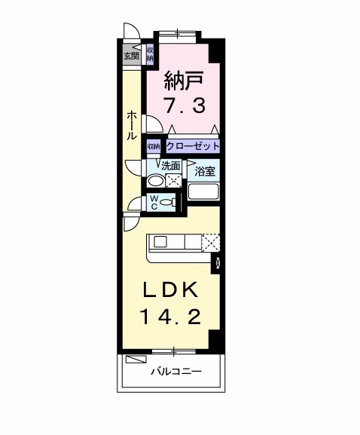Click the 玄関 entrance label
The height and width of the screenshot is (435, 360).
pos(131,57)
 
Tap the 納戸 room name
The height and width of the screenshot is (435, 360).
pos(184,81)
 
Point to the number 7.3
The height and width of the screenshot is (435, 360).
pos(185,106)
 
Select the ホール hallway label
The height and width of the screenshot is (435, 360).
pos(132,125)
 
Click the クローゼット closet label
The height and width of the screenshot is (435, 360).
pos(193,146)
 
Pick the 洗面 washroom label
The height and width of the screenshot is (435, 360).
pos(171,166)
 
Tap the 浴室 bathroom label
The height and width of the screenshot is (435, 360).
pos(205,171)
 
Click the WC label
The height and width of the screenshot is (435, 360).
pos(154,202)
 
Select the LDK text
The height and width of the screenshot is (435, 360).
pos(170,290)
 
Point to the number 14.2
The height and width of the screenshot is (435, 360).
pos(171,317)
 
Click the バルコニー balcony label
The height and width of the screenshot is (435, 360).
pos(176,371)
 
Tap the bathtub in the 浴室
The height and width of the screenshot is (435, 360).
pos(203,191)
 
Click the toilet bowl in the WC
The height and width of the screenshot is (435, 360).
pos(168,203)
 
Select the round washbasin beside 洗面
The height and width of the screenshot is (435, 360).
pos(154,181)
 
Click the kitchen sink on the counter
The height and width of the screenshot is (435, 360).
pos(160,241)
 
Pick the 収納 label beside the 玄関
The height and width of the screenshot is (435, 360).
pos(150,54)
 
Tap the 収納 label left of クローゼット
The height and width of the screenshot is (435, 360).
pos(154,146)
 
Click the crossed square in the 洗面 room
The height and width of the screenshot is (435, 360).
pos(173,181)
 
